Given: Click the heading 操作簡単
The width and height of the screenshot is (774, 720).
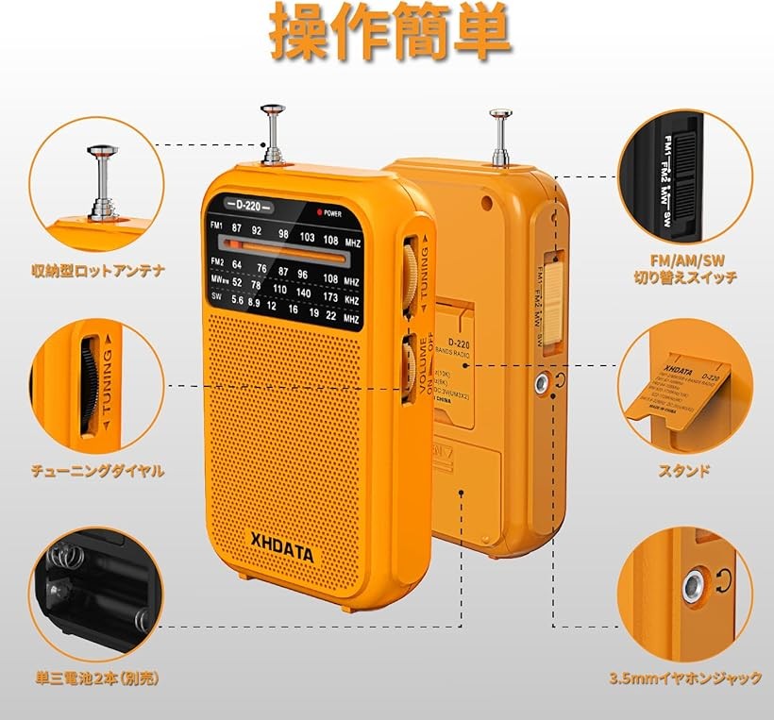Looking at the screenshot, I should [x=391, y=34].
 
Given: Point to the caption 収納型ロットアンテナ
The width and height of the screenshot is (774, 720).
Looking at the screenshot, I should [x=96, y=272].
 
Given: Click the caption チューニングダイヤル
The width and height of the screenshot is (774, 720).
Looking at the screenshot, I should [x=96, y=469].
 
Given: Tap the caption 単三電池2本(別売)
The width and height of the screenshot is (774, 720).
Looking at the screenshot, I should [x=94, y=678].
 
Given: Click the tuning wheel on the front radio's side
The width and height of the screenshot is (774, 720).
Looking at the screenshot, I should [x=411, y=274].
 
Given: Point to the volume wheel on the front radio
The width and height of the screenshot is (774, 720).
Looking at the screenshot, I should [x=408, y=368].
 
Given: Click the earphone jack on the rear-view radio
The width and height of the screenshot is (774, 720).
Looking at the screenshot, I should [x=542, y=382].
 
